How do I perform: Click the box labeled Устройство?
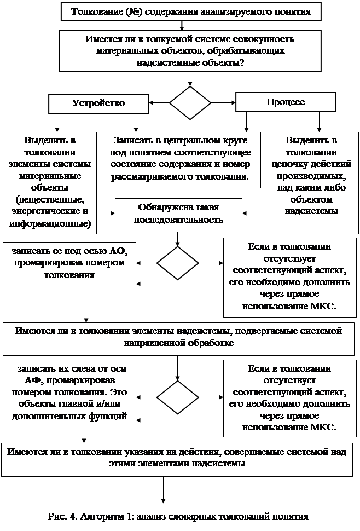[98, 103]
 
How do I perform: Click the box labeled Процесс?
[285, 102]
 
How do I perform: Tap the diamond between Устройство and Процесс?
[190, 102]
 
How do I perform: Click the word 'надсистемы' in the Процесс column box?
[311, 211]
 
